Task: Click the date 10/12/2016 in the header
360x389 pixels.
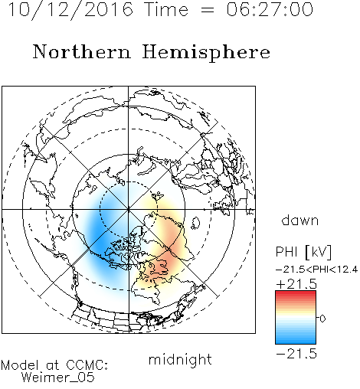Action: (x=70, y=10)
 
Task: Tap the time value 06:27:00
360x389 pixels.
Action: (x=270, y=9)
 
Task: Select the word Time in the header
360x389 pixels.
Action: (x=166, y=9)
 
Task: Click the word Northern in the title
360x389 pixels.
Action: (x=82, y=52)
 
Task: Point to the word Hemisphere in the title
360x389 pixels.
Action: (x=206, y=53)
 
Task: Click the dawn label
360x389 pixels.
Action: (x=300, y=220)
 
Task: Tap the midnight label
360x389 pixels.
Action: (x=180, y=360)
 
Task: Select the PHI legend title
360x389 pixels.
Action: (x=287, y=252)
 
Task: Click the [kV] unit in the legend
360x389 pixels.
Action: (x=318, y=252)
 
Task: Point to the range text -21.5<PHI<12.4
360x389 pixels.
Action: (x=316, y=270)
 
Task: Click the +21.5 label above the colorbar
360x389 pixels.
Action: (x=296, y=284)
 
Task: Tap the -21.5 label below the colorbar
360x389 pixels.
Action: (x=296, y=354)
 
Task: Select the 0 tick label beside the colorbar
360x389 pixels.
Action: (x=322, y=319)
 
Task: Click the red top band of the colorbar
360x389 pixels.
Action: (x=296, y=294)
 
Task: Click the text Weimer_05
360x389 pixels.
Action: (x=58, y=377)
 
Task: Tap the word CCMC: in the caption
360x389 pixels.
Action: (x=87, y=365)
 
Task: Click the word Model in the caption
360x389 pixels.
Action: (x=20, y=365)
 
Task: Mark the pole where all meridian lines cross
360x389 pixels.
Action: (x=129, y=209)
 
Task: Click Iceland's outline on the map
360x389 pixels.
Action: (x=196, y=223)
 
